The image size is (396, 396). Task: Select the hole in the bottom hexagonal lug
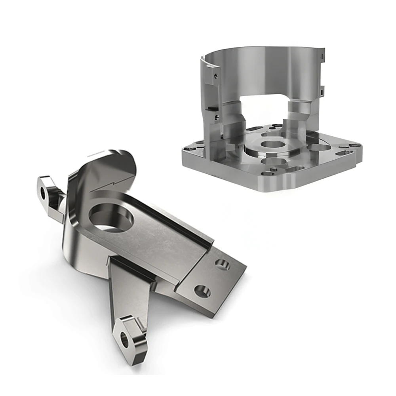pyautogui.click(x=125, y=340)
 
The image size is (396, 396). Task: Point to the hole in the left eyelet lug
pyautogui.click(x=43, y=193)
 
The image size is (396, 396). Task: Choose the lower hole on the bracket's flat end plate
pyautogui.click(x=202, y=292)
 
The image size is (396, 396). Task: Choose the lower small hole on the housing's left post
pyautogui.click(x=217, y=116)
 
